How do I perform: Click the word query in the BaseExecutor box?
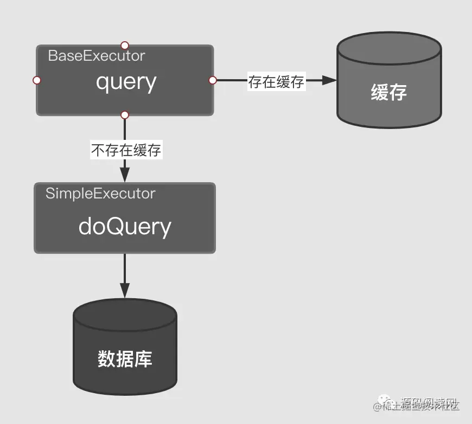coord(126,82)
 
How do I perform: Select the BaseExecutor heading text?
coord(97,55)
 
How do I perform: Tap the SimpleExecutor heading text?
coord(100,194)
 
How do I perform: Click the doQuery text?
coord(125,226)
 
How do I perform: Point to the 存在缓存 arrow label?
coord(276,82)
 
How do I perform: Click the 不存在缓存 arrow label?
coord(126,150)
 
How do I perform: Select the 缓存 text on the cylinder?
coord(388,92)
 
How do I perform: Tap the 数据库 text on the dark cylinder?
coord(125,359)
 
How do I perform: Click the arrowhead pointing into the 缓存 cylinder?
coord(329,80)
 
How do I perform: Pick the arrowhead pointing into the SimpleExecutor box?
coord(125,175)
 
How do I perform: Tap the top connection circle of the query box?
coord(125,45)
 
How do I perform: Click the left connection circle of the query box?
coord(37,80)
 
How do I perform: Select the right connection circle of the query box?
coord(213,80)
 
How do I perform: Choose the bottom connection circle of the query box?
coord(125,115)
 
